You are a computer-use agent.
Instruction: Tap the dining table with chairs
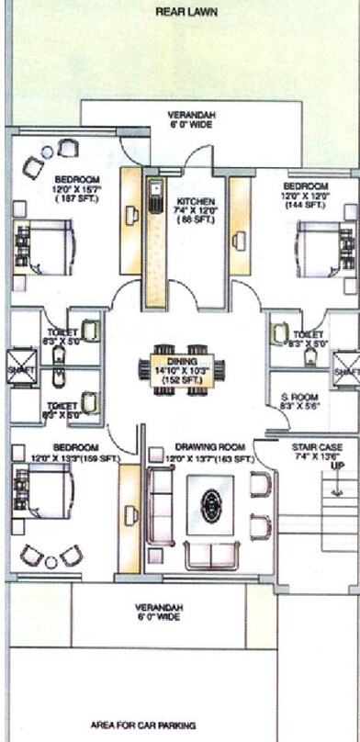(x=175, y=370)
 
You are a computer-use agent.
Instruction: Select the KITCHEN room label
(x=196, y=201)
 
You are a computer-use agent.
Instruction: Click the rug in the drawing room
(x=211, y=504)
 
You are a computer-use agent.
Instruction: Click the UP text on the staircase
(x=337, y=467)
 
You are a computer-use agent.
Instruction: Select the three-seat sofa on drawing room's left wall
(x=162, y=504)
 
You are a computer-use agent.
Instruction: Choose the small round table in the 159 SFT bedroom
(x=51, y=561)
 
